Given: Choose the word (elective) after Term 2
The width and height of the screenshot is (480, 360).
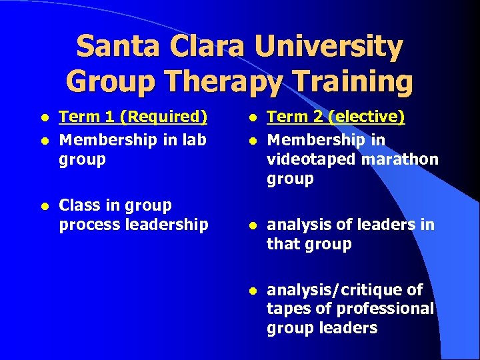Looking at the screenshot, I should [x=367, y=117].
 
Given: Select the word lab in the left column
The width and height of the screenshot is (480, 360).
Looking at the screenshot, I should [x=193, y=139].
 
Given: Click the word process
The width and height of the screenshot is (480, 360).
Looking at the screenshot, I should [x=87, y=225].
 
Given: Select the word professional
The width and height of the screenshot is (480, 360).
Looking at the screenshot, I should [x=385, y=309].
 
